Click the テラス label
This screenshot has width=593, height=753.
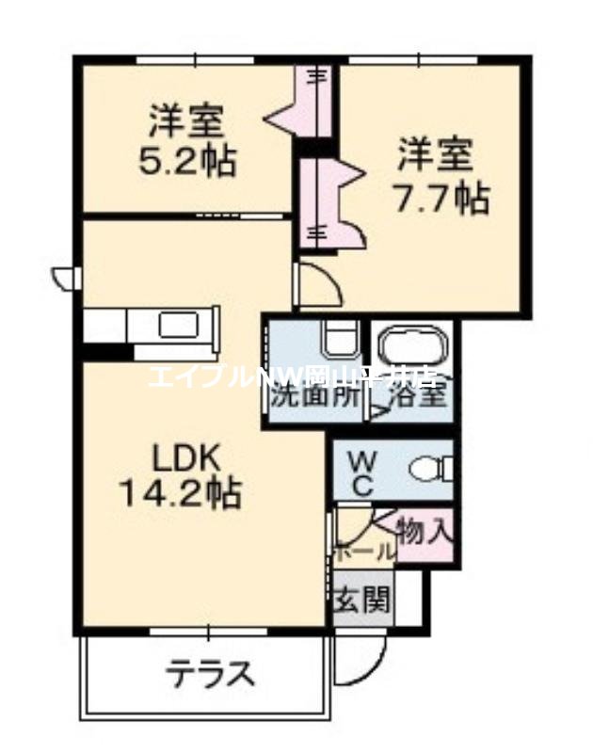point(212,674)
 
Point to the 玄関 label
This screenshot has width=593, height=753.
point(361,599)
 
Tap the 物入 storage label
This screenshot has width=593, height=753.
point(425,533)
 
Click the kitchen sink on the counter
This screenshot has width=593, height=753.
point(177,326)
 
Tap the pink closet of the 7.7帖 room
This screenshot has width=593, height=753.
point(325,202)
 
